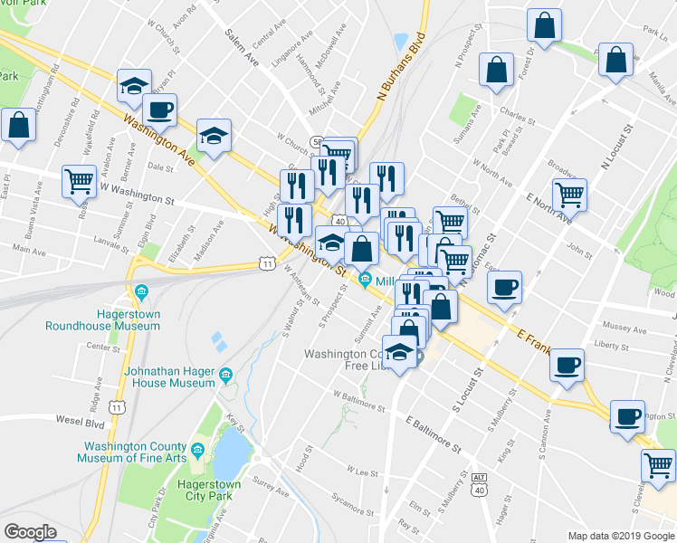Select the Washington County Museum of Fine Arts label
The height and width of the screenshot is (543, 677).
coord(136,454)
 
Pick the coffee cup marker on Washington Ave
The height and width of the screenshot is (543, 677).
coord(160,110)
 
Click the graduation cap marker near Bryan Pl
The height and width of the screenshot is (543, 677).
coord(133,88)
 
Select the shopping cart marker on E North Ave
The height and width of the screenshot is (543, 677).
coord(569,193)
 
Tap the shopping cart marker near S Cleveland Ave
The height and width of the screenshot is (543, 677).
coord(658,465)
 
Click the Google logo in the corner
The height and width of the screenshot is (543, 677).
coord(31,532)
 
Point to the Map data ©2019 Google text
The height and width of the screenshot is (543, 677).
coord(621,536)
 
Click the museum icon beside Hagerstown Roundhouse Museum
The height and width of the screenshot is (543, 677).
coord(141,291)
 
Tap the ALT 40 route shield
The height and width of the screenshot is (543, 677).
coord(479,483)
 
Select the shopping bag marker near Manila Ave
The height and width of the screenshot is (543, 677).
coord(615,60)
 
